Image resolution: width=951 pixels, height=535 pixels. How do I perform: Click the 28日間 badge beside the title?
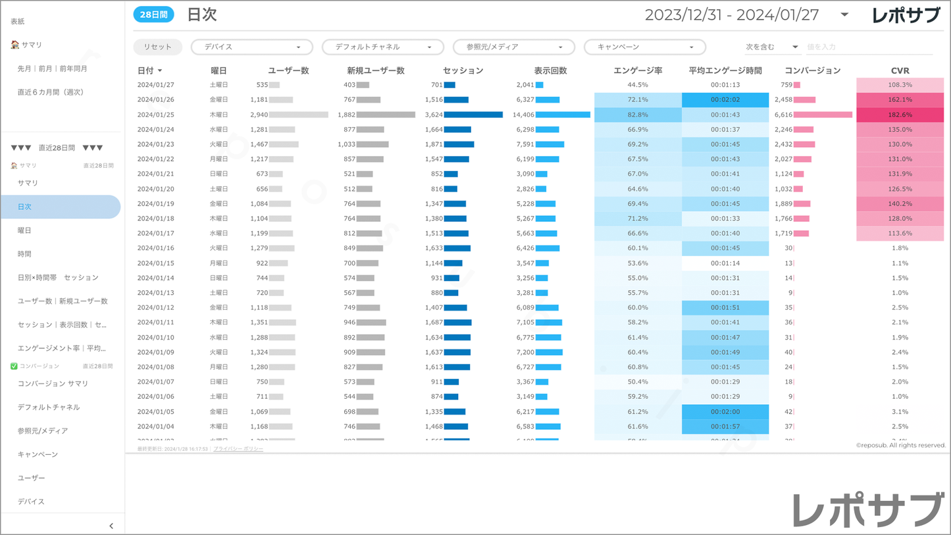tap(153, 14)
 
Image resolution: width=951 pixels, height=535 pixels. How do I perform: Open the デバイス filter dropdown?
tap(251, 47)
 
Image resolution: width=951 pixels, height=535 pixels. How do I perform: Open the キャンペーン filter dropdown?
tap(644, 47)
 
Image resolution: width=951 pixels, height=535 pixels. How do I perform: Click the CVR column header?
tap(900, 70)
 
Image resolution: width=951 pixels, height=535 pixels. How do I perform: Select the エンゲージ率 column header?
tap(637, 70)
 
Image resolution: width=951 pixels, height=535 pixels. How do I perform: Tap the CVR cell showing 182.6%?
tap(900, 115)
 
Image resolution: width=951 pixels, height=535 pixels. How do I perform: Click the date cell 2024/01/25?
tap(156, 115)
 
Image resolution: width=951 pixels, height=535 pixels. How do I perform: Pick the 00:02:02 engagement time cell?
tap(725, 100)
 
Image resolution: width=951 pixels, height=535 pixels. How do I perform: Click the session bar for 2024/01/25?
tap(473, 115)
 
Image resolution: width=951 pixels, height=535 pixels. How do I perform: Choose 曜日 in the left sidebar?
tap(24, 230)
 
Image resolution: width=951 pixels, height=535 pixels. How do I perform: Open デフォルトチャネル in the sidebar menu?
tap(49, 407)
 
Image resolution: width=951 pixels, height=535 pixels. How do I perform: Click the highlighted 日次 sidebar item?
tap(60, 207)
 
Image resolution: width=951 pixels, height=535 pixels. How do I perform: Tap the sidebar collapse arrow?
tap(111, 526)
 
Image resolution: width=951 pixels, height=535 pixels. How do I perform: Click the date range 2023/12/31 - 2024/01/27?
tap(731, 15)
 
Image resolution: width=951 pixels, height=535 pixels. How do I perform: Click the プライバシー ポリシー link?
tap(238, 449)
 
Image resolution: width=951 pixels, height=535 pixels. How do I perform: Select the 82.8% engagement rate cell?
tap(637, 115)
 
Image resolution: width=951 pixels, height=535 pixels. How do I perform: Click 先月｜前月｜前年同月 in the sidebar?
tap(53, 68)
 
